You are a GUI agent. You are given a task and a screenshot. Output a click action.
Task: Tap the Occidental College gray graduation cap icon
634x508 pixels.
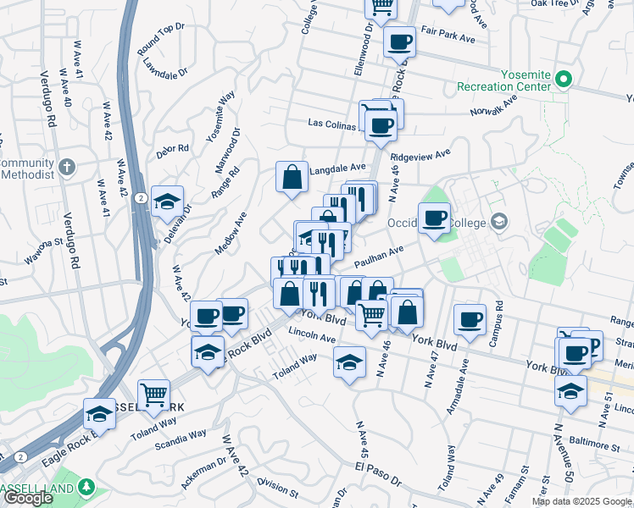click(x=499, y=222)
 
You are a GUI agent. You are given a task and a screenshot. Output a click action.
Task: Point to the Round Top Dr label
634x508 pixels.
click(x=160, y=40)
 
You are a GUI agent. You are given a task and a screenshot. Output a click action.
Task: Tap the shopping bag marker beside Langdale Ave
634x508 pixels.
click(x=292, y=178)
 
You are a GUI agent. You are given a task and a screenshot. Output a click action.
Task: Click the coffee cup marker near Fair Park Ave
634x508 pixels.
click(x=399, y=41)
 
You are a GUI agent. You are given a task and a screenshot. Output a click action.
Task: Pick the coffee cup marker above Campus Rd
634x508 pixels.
click(x=470, y=319)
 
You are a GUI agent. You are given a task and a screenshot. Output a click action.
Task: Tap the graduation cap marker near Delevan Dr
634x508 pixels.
click(x=168, y=202)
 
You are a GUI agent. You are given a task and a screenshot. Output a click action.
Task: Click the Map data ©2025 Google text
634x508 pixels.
click(x=581, y=501)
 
